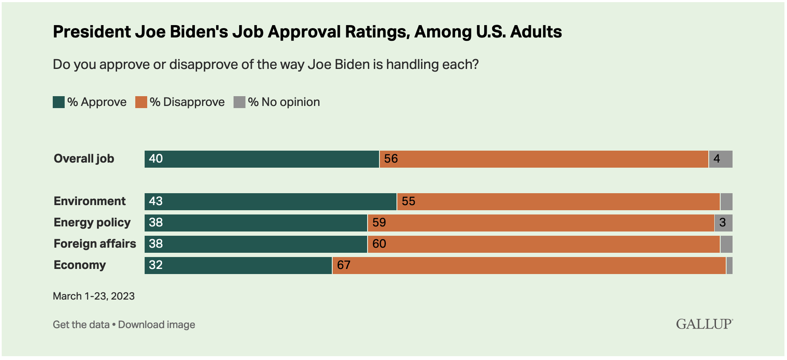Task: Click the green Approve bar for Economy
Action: [238, 266]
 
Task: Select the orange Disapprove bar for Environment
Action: [558, 202]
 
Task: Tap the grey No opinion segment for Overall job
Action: [721, 159]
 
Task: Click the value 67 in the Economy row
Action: [344, 265]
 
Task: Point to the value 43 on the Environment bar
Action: [156, 201]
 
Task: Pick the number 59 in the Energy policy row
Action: [379, 223]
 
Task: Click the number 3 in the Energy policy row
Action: [722, 223]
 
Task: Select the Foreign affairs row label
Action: [95, 244]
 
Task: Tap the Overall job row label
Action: [84, 159]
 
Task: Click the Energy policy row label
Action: [92, 223]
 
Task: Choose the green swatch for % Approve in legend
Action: [59, 102]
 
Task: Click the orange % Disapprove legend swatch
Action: [141, 102]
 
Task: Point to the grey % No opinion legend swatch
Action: [240, 102]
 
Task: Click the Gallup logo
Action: [704, 324]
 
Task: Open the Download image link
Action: [157, 325]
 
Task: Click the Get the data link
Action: [81, 325]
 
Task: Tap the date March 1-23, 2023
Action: [94, 296]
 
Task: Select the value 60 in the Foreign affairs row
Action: [379, 244]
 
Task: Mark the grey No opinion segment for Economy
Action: [729, 266]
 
